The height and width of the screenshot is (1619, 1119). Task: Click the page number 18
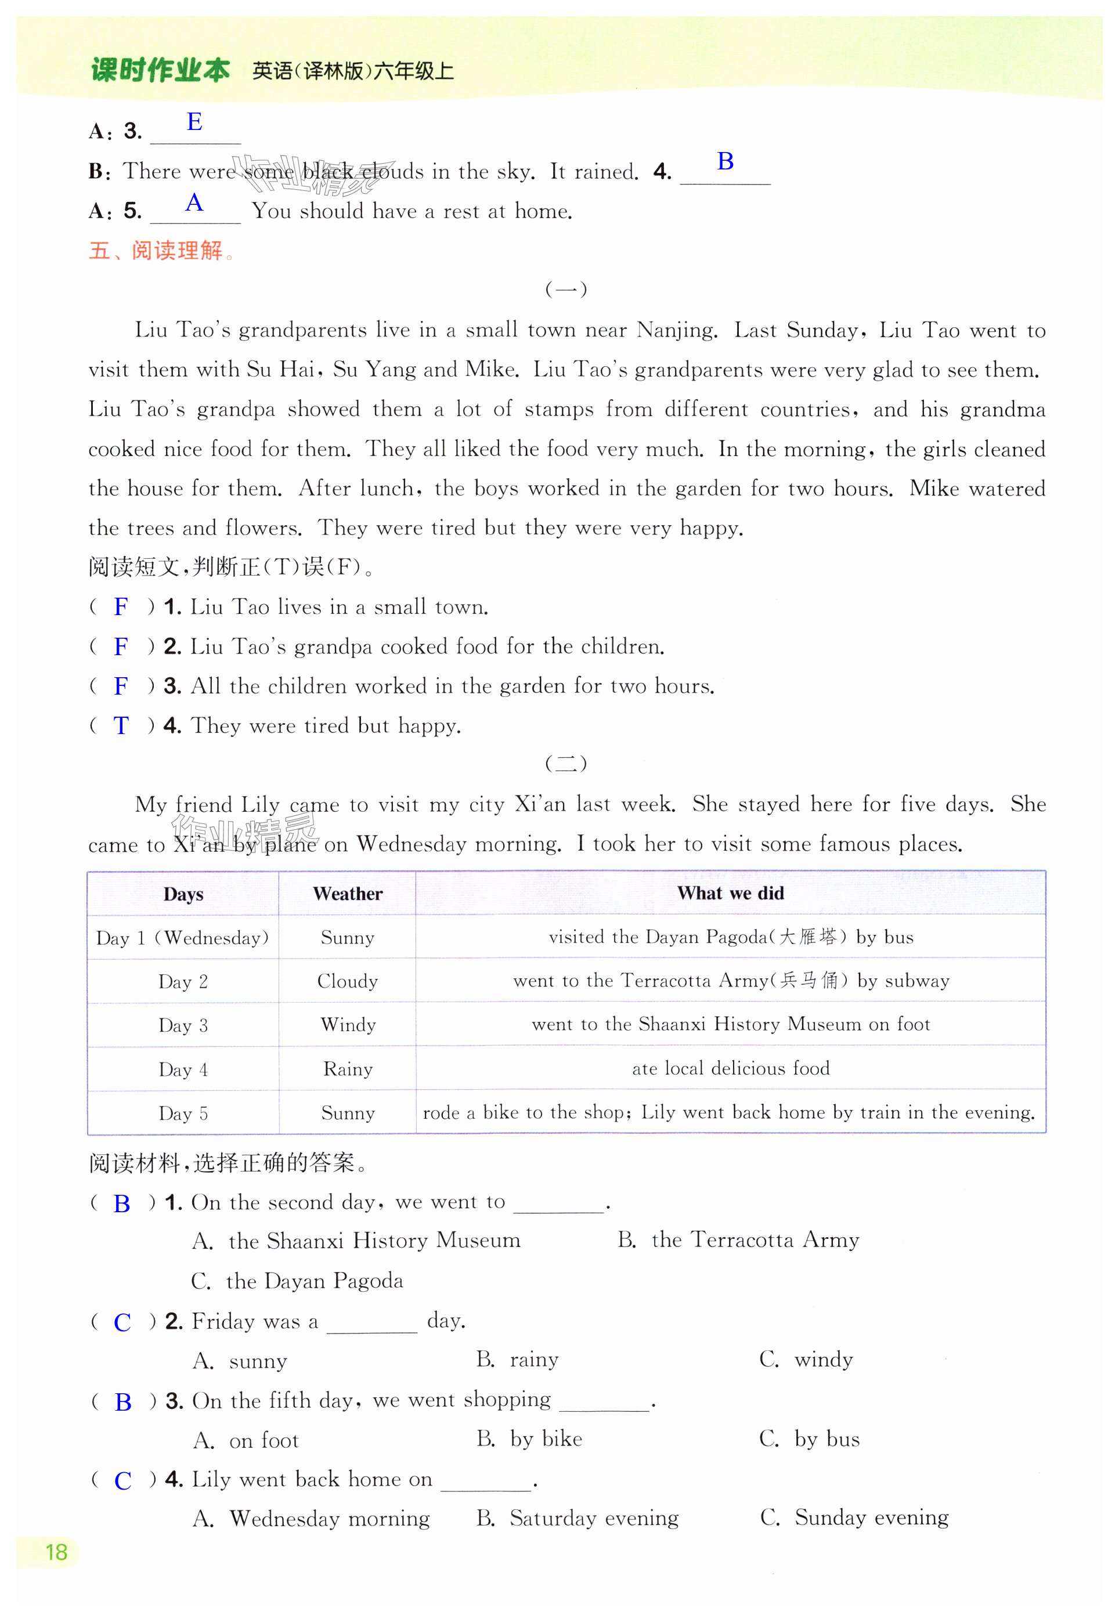pos(56,1552)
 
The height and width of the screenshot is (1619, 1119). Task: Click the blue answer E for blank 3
pos(194,122)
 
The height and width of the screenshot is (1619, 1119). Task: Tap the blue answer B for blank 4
pos(725,161)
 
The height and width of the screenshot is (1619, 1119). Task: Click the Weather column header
pos(347,894)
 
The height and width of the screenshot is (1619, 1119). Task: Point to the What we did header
pos(730,893)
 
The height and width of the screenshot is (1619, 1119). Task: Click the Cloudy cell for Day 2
pos(347,981)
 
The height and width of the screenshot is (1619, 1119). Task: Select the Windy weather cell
pos(348,1025)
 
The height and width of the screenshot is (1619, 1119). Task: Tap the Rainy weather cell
pos(348,1069)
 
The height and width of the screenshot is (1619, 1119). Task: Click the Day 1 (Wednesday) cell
pos(182,938)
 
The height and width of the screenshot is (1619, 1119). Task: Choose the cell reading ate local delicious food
pos(731,1068)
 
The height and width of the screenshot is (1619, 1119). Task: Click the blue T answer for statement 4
pos(121,725)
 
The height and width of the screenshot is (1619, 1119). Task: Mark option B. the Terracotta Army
pos(738,1240)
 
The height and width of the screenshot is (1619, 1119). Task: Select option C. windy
pos(806,1360)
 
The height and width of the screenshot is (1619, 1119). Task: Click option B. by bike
pos(529,1439)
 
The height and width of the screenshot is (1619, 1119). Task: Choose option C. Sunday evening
pos(853,1517)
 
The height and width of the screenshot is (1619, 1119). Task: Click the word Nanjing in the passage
pos(676,330)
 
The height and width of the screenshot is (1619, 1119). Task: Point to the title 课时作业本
pos(160,71)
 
